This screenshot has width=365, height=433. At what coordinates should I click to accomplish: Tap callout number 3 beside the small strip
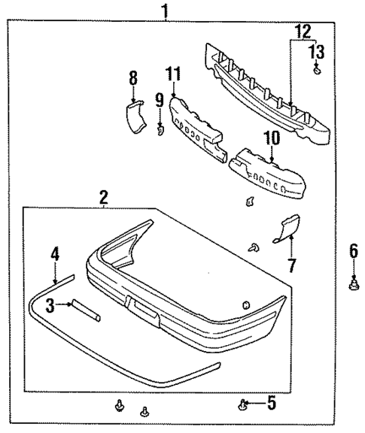(49, 304)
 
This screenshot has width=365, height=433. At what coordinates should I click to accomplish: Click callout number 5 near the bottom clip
(271, 404)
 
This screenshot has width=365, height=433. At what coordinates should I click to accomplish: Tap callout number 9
(159, 98)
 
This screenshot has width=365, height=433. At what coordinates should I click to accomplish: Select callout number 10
(271, 138)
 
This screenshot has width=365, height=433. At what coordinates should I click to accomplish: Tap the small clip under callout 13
(318, 71)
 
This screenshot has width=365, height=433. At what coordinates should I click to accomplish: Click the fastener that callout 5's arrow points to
(243, 407)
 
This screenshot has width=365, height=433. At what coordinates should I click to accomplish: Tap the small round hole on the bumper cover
(246, 304)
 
